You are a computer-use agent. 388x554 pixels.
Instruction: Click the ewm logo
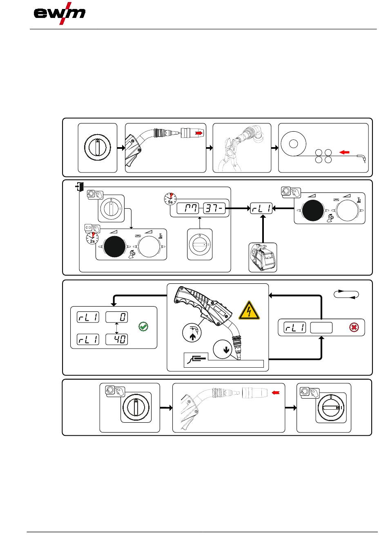[x=60, y=13]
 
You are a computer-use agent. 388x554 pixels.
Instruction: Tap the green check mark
[x=143, y=327]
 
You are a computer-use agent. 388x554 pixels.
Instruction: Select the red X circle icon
[x=354, y=327]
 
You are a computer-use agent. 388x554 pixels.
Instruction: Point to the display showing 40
[x=117, y=339]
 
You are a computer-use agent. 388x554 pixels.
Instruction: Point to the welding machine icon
[x=263, y=257]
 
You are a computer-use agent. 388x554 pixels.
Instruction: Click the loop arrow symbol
[x=346, y=294]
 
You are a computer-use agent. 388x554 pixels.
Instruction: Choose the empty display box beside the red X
[x=321, y=327]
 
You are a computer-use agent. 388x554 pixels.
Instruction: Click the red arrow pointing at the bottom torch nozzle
[x=277, y=393]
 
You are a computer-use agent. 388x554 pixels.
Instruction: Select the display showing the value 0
[x=117, y=317]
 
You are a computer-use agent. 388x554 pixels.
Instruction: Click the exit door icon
[x=79, y=187]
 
